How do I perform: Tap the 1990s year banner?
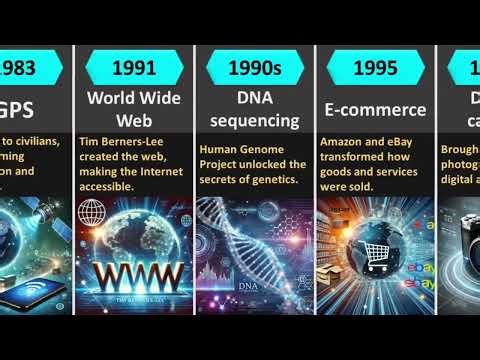[254, 69]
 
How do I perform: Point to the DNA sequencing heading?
[254, 110]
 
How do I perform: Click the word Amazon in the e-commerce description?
[340, 141]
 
